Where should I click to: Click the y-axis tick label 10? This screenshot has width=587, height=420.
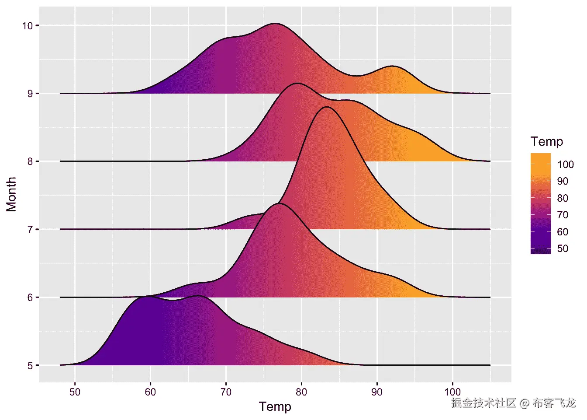(x=27, y=25)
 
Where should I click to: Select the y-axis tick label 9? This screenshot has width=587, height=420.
(x=30, y=94)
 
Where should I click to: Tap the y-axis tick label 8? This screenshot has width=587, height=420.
(x=30, y=161)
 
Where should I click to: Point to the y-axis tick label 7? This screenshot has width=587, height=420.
(x=30, y=230)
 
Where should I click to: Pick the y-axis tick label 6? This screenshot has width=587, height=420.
(x=30, y=297)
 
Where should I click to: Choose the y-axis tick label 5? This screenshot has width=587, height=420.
(x=30, y=366)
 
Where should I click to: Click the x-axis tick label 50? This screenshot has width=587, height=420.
(x=75, y=392)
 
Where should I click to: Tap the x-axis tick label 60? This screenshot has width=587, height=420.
(x=150, y=392)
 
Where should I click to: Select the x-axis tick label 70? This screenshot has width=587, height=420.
(x=226, y=392)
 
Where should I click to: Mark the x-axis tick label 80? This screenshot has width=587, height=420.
(x=301, y=392)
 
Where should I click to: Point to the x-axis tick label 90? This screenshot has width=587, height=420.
(x=377, y=392)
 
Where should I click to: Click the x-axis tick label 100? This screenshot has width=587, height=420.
(x=452, y=392)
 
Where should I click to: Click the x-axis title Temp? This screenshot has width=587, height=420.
(x=275, y=406)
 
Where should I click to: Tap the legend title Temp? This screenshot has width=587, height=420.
(x=547, y=141)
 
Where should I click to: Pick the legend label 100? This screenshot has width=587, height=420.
(x=566, y=164)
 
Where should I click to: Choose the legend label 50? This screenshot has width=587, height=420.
(x=563, y=248)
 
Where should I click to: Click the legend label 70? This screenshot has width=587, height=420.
(x=563, y=215)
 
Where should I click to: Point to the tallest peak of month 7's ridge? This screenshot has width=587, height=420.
(x=327, y=108)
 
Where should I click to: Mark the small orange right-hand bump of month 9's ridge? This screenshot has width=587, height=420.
(x=393, y=67)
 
